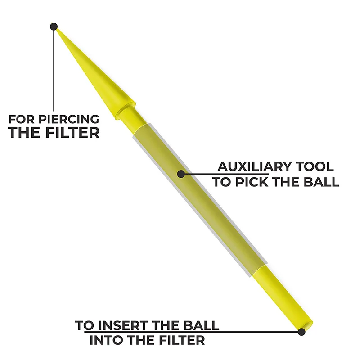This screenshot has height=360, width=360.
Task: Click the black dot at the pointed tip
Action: coord(54,27)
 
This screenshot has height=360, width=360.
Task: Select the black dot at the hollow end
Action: coord(301,332)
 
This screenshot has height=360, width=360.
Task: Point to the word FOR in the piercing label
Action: coord(20,120)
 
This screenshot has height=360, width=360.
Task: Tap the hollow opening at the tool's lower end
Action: coord(308,324)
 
